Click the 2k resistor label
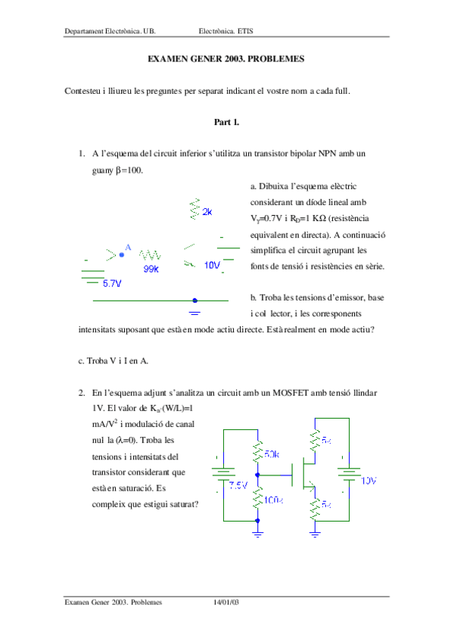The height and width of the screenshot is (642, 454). tap(207, 213)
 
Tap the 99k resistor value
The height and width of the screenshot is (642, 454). tap(150, 269)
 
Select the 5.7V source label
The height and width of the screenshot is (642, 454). tap(112, 283)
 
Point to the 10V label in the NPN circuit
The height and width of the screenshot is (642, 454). tap(212, 265)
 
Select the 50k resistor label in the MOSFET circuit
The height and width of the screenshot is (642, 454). tap(272, 455)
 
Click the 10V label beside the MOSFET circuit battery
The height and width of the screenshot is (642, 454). tap(368, 481)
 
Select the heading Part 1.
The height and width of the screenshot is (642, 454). tap(226, 121)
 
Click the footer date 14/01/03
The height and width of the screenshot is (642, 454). tap(226, 602)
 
